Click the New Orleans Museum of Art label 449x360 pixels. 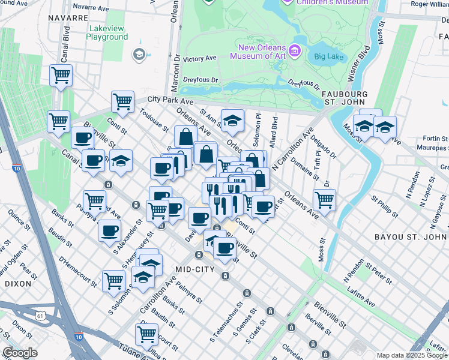tap(259, 52)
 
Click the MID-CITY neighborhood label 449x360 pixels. tap(195, 269)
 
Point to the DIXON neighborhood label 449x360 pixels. tap(17, 283)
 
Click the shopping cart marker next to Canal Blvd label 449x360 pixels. tap(61, 76)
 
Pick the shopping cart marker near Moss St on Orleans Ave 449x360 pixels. tap(324, 199)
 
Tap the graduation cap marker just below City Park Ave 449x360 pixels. tap(232, 121)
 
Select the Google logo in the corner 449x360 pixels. tap(20, 353)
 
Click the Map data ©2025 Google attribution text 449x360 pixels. tap(411, 355)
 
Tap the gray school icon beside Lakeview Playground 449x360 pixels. tap(139, 55)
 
